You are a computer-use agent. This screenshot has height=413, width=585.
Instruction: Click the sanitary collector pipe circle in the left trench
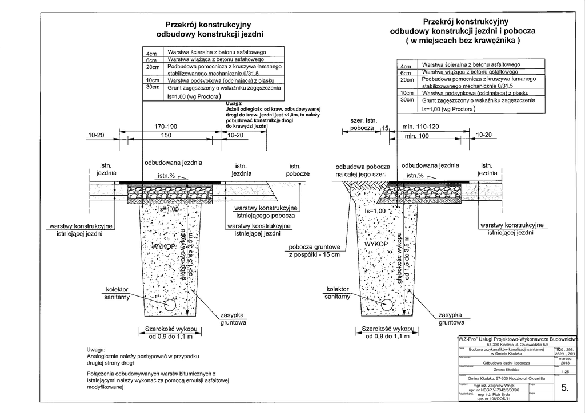tap(170, 306)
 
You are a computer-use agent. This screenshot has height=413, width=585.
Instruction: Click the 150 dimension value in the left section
tap(166, 136)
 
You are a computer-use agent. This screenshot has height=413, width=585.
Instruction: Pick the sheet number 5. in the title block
tap(564, 388)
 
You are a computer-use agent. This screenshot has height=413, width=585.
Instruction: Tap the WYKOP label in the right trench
tap(376, 244)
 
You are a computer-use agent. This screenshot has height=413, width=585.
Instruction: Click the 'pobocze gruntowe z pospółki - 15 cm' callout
tap(314, 250)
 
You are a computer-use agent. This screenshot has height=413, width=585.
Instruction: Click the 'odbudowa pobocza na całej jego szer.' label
tap(361, 169)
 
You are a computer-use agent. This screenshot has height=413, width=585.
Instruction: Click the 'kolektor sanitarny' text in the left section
tap(117, 293)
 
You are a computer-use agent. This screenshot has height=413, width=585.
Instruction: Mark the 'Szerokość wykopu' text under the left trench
tap(170, 329)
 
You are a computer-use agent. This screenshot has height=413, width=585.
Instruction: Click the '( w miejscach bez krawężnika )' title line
tap(462, 41)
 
